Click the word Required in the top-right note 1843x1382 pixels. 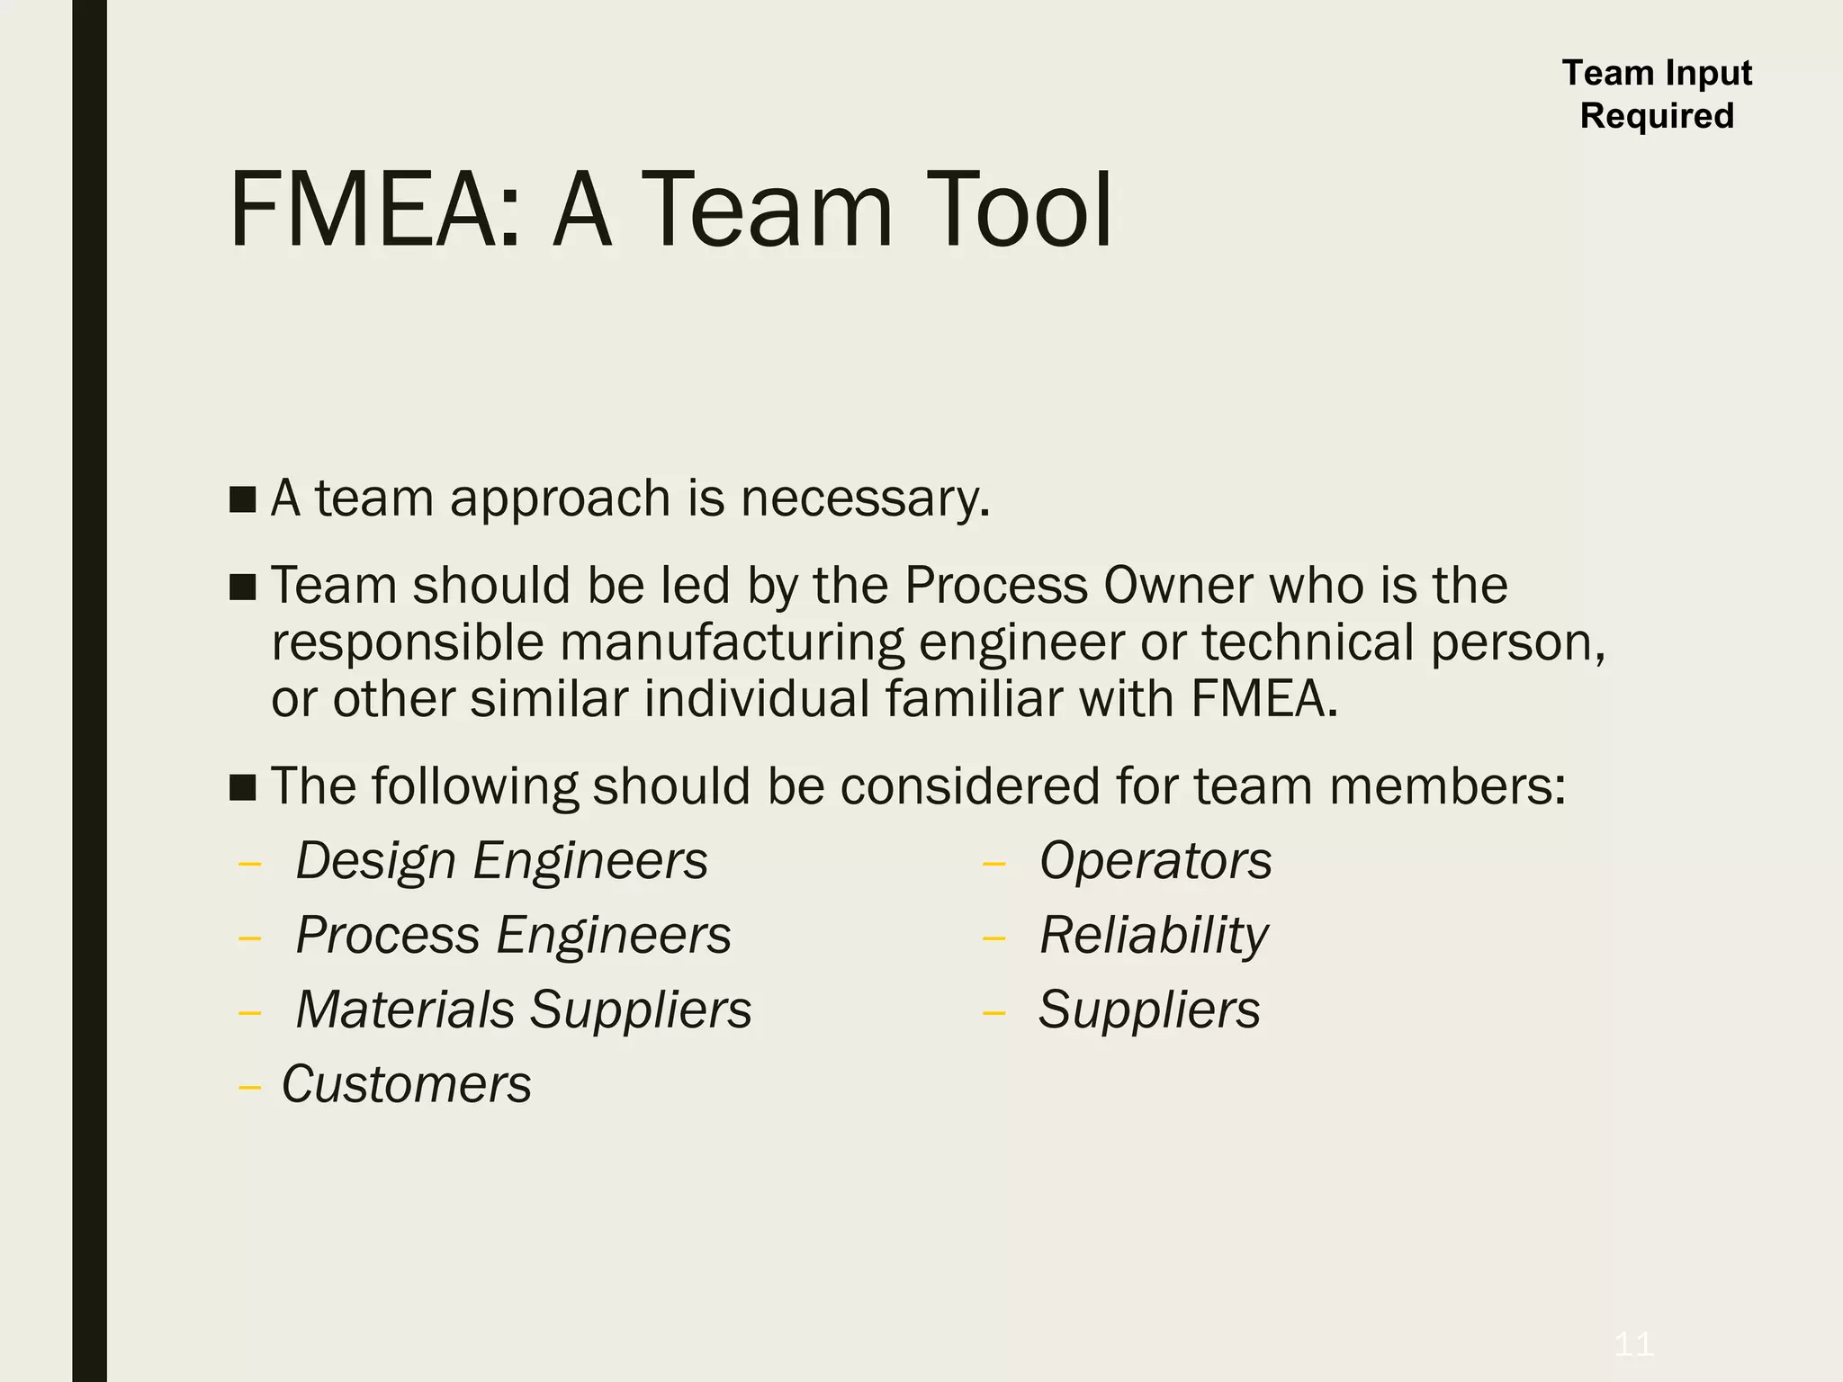(1657, 116)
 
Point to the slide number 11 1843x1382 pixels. (1633, 1344)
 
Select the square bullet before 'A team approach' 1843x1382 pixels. (242, 499)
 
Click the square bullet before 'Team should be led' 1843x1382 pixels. (242, 587)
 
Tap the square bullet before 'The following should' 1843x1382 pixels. (242, 787)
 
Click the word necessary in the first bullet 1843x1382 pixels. (865, 499)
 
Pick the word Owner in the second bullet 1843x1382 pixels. (1178, 586)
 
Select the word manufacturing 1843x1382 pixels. (732, 643)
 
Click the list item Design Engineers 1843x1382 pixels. (501, 861)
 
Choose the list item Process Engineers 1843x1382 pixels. (513, 936)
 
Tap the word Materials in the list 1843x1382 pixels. (405, 1010)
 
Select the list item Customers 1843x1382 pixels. (406, 1084)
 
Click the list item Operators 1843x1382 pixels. (1155, 861)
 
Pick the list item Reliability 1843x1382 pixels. (1154, 936)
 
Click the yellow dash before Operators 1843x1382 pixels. (993, 865)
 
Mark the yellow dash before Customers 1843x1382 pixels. (249, 1088)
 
